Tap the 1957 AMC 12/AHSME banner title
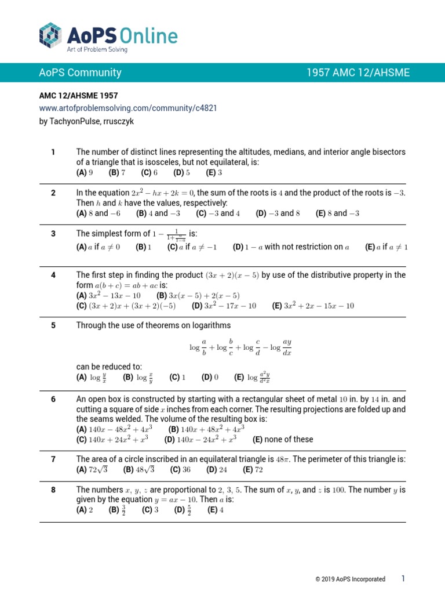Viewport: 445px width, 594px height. tap(358, 73)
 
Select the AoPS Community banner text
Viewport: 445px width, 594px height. tap(80, 73)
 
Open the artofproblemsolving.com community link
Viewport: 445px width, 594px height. tap(128, 108)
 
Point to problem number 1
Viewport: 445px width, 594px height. tap(53, 152)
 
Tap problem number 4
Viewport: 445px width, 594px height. tap(53, 275)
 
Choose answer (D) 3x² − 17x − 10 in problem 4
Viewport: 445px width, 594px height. tap(224, 306)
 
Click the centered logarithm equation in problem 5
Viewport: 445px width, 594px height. tap(240, 348)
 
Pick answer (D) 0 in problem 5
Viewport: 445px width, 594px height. tap(210, 377)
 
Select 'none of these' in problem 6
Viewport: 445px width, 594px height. tap(282, 439)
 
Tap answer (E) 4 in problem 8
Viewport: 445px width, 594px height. tap(215, 510)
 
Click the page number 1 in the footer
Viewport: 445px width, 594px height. tap(403, 579)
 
